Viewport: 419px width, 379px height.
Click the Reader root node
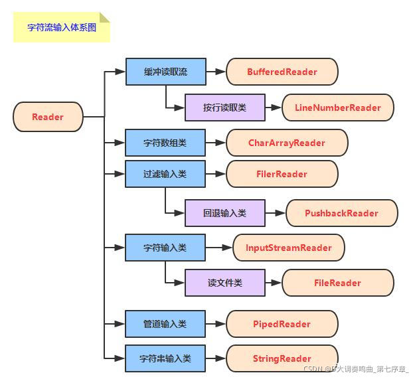(x=48, y=117)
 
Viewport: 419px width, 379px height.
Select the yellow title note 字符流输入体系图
(x=61, y=27)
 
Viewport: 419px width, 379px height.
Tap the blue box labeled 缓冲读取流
(x=165, y=72)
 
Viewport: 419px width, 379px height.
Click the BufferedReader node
(x=282, y=72)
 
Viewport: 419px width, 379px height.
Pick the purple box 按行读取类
(x=224, y=108)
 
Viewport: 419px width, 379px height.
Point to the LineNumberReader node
(x=337, y=108)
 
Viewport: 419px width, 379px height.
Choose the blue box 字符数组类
(x=165, y=143)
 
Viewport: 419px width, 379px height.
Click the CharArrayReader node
(x=287, y=143)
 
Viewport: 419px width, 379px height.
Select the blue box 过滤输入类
(x=165, y=174)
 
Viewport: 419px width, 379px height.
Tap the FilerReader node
(x=282, y=174)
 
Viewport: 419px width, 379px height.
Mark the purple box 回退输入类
(x=224, y=213)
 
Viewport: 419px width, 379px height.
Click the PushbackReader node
(x=341, y=213)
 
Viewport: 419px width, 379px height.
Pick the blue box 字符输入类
(x=165, y=248)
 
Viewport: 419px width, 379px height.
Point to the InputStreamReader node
(x=289, y=248)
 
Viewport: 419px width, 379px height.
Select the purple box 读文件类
(x=224, y=283)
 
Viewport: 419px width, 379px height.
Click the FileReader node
(x=337, y=283)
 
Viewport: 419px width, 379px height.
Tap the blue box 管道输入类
(x=165, y=324)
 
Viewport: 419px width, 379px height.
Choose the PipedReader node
(x=282, y=324)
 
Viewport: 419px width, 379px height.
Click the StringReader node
(x=282, y=358)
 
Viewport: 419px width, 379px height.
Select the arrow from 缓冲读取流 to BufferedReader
(x=216, y=72)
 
